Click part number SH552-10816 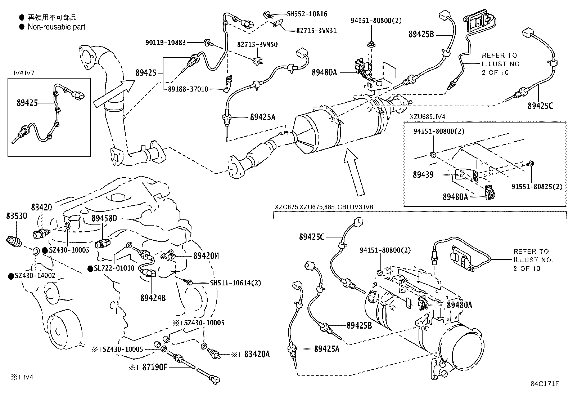(307, 14)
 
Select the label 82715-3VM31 (316, 31)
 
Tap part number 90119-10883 (166, 43)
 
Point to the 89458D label (104, 218)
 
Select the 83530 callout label (17, 216)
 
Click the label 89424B (153, 298)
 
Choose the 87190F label (155, 368)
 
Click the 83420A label (257, 355)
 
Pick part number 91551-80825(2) (537, 187)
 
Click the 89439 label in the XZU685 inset (423, 175)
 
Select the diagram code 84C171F (544, 384)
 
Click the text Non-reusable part (57, 27)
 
